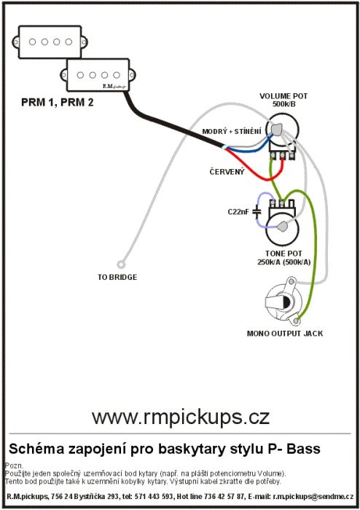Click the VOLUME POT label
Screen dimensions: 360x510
(283, 96)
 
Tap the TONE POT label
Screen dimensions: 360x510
(283, 254)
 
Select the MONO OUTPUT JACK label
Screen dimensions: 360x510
(285, 334)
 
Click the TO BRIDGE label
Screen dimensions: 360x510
(117, 278)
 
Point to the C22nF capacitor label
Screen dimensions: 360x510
(238, 212)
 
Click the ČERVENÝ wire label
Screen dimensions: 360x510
(227, 172)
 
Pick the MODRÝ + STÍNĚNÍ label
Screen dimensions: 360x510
(232, 131)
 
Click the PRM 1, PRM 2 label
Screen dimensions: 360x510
(58, 103)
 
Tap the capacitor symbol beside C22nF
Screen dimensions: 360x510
(257, 212)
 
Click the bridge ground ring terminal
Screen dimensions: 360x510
(121, 264)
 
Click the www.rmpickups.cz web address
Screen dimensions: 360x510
(181, 417)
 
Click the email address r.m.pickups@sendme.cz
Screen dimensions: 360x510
(313, 497)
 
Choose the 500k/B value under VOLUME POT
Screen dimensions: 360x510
(284, 104)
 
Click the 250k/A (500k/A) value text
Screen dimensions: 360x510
(284, 262)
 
